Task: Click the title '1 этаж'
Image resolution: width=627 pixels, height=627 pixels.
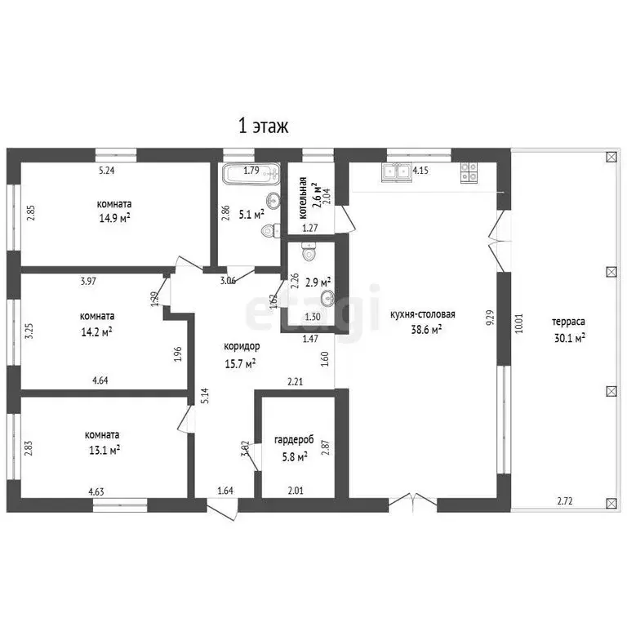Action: (x=263, y=126)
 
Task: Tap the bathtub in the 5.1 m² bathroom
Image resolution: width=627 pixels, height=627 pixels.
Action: (x=251, y=174)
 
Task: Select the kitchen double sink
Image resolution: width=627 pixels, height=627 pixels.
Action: (x=397, y=172)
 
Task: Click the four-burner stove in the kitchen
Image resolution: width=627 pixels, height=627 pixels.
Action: (x=469, y=172)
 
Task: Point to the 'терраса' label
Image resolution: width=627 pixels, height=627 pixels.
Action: (x=568, y=322)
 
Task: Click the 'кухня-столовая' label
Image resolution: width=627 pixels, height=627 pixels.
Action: (x=423, y=314)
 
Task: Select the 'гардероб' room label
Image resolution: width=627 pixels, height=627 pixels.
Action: (x=294, y=440)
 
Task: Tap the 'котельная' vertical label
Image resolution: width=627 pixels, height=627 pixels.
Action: (x=303, y=198)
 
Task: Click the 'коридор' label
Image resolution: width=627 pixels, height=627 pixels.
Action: (x=242, y=346)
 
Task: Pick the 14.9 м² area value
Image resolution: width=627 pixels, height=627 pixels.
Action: (x=115, y=218)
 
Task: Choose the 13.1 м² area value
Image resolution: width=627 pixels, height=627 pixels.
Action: (x=104, y=451)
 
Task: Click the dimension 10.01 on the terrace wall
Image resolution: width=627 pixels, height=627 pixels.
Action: (x=518, y=323)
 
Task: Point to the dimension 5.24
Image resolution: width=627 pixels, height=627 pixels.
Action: (x=107, y=171)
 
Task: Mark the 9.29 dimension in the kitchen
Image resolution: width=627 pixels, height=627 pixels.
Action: (x=490, y=318)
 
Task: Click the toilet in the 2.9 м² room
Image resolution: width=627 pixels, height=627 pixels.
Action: (x=308, y=251)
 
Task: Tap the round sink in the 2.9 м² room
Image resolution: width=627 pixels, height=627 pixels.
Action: (x=328, y=297)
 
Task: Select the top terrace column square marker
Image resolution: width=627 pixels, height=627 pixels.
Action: (x=611, y=157)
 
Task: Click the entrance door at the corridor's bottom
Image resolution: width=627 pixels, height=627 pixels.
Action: (x=222, y=509)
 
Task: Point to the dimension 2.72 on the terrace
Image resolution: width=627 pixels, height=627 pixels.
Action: (x=565, y=501)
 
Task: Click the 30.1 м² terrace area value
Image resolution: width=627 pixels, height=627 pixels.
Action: (x=569, y=338)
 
